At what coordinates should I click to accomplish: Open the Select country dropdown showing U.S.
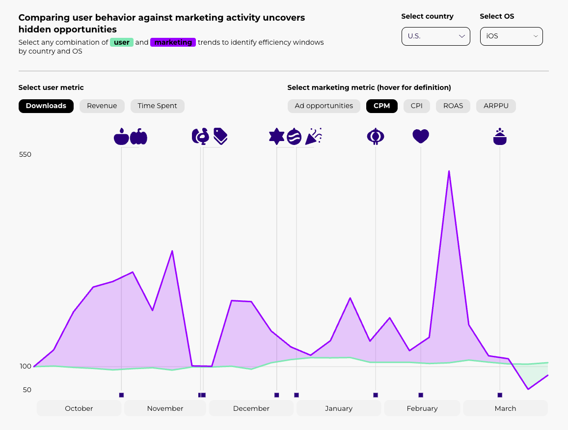coord(435,36)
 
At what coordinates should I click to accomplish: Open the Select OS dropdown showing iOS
coord(511,36)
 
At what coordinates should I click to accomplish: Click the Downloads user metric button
coord(46,106)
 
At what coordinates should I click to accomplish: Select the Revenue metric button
coord(102,106)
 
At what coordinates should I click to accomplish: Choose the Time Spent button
coord(157,106)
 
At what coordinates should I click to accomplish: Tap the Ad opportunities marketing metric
coord(324,106)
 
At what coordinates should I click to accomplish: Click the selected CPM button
coord(382,106)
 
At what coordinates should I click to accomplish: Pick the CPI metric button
coord(417,106)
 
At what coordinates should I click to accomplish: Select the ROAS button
coord(453,106)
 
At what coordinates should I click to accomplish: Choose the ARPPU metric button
coord(496,106)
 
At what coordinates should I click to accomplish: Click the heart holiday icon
coord(421,136)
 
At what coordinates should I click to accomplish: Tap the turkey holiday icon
coord(200,136)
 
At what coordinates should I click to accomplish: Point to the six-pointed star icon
coord(277,136)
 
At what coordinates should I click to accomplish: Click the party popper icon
coord(313,136)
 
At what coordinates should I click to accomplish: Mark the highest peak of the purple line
coord(449,171)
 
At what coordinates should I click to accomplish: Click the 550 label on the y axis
coord(25,154)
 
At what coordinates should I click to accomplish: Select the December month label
coord(251,408)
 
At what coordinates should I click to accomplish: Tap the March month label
coord(505,408)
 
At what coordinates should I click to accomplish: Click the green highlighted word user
coord(122,42)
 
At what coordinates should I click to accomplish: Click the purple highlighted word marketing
coord(173,42)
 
